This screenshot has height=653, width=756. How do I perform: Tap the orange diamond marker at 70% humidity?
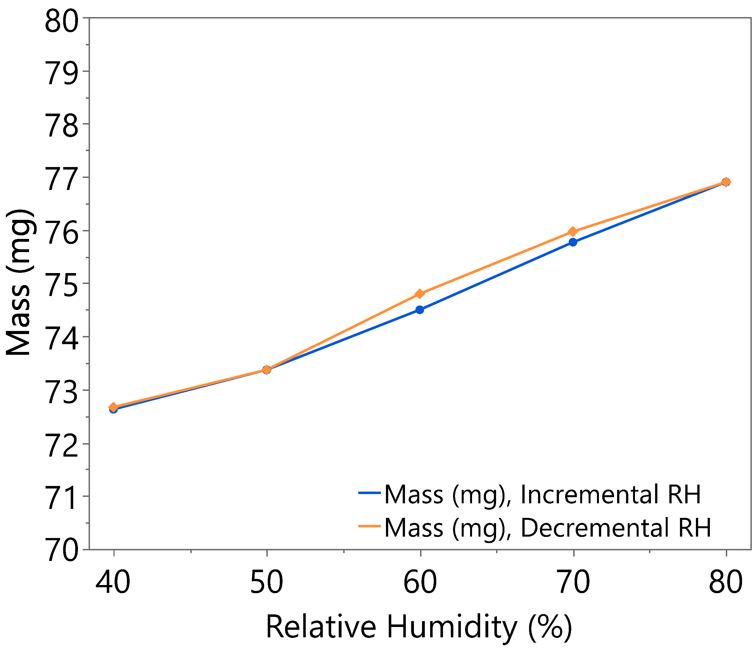(x=573, y=232)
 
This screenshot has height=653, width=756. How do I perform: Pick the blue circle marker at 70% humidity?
(x=573, y=242)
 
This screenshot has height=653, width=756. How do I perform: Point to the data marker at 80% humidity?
(x=726, y=182)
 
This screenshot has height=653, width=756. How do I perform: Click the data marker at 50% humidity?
(x=267, y=370)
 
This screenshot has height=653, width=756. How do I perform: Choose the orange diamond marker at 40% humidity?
(x=113, y=407)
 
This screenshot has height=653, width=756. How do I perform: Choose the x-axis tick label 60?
(x=420, y=582)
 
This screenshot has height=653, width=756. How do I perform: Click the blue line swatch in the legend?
(x=369, y=493)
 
